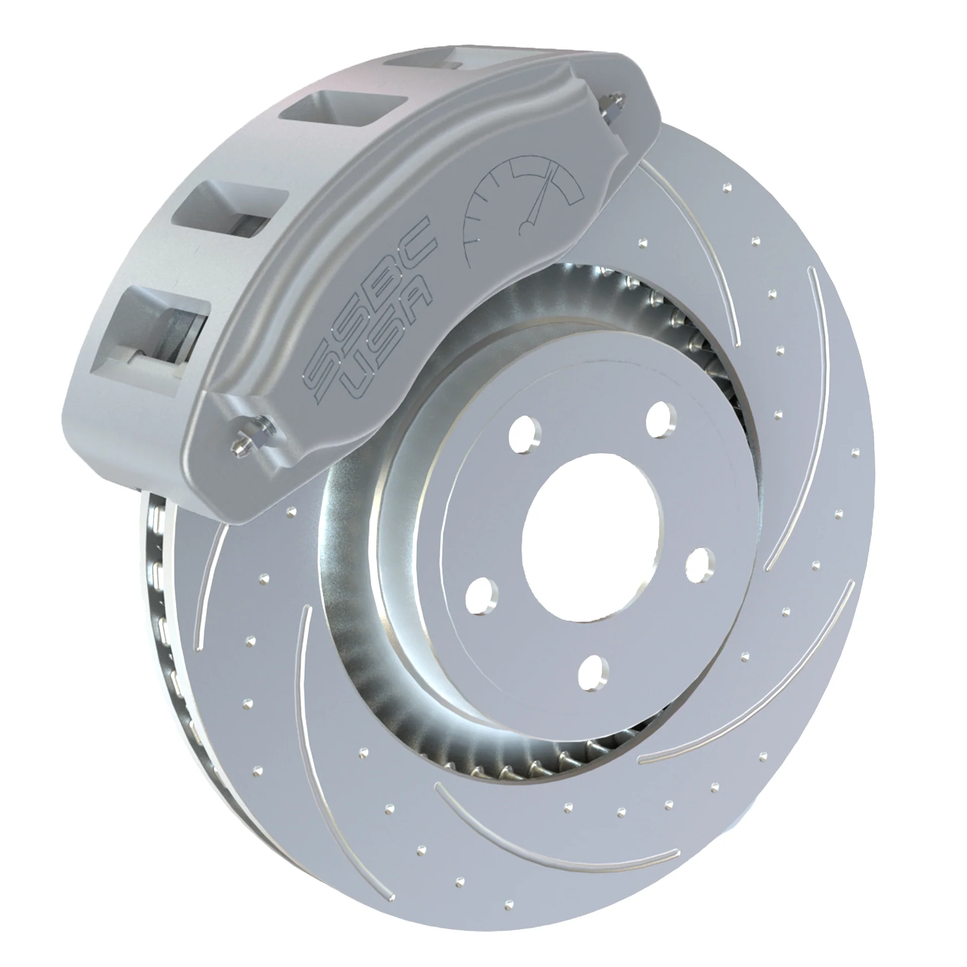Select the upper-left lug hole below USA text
(524, 433)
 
